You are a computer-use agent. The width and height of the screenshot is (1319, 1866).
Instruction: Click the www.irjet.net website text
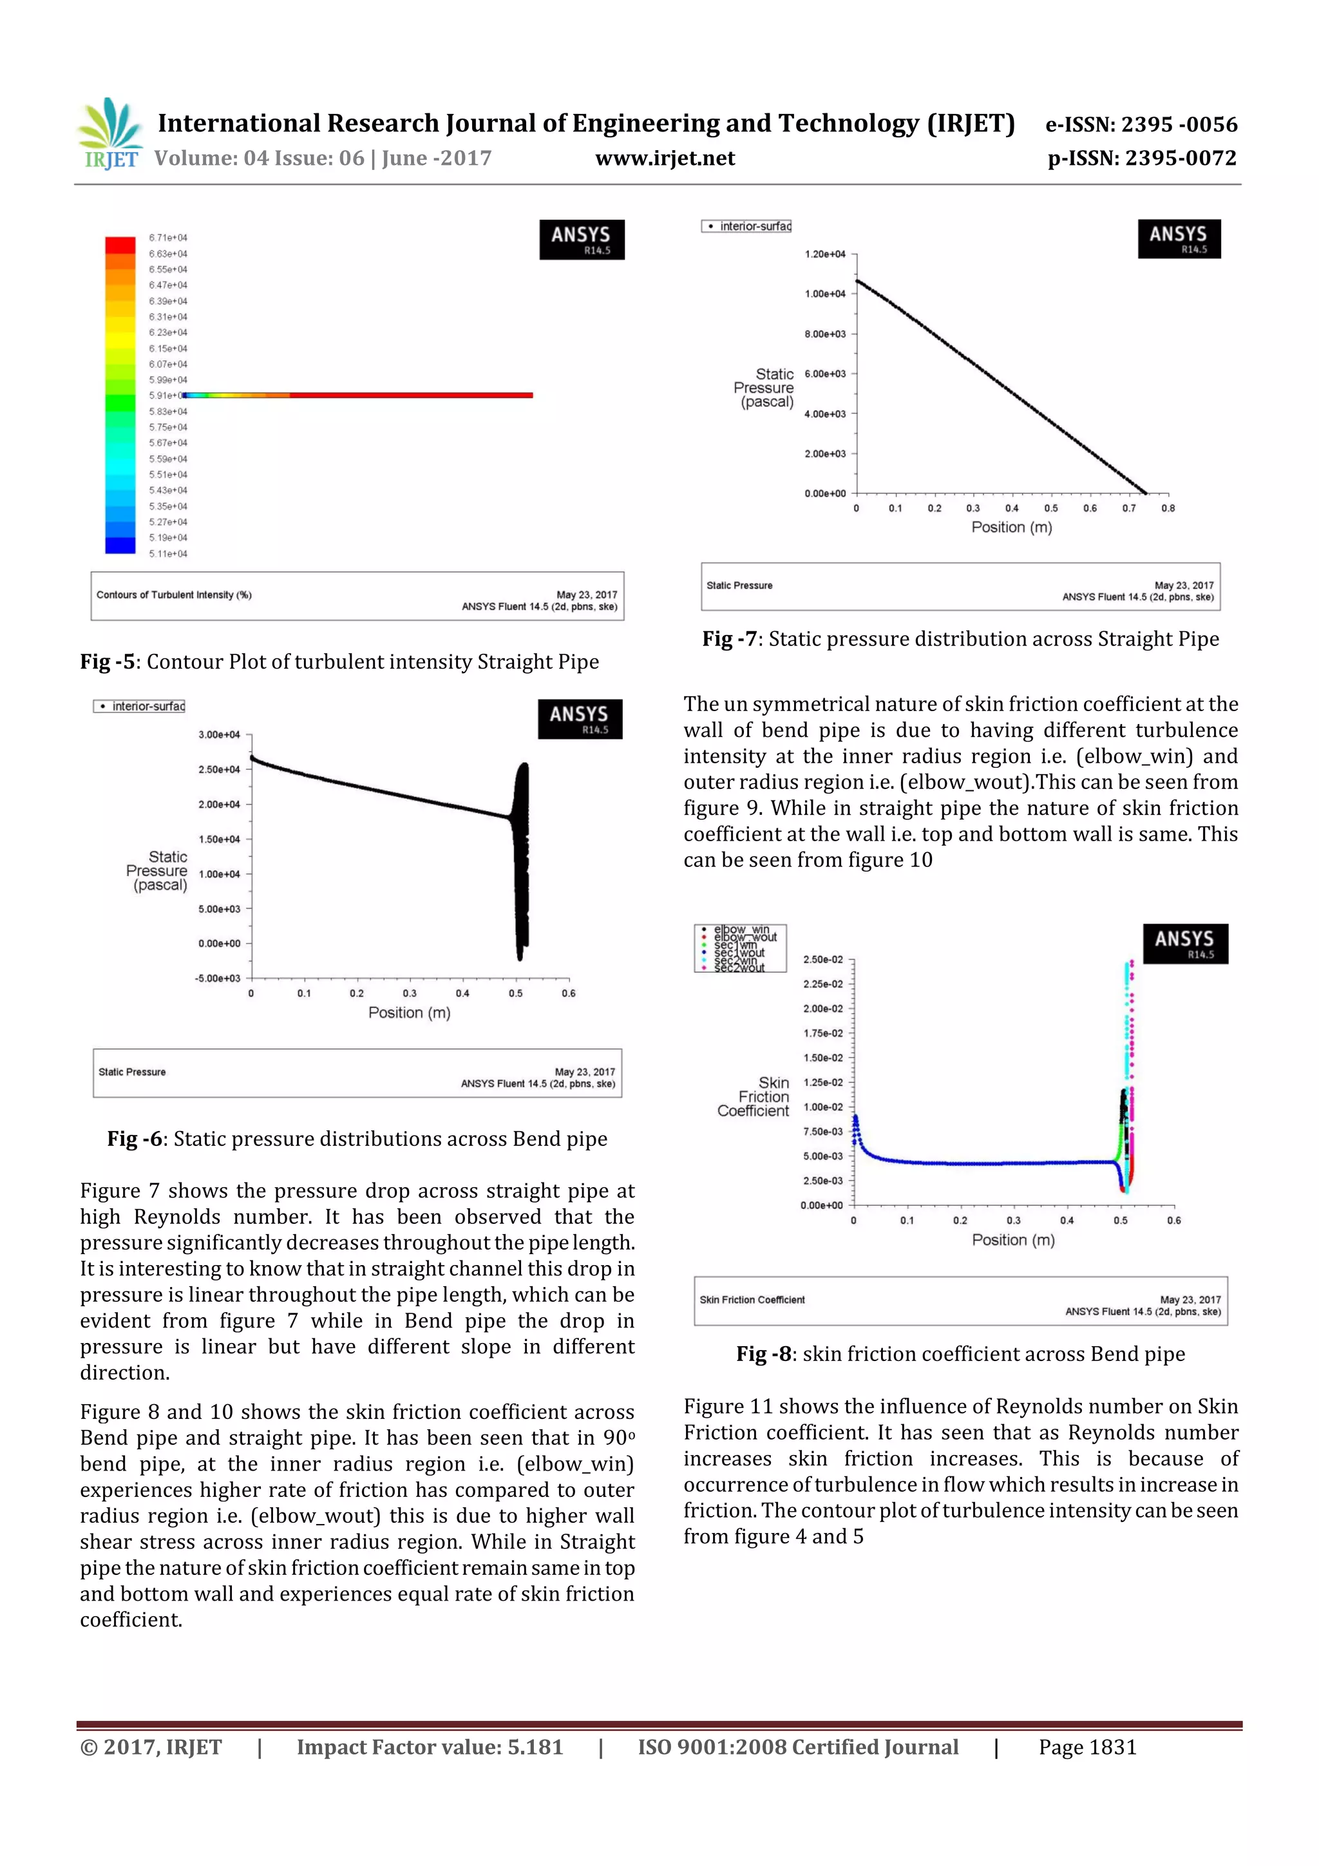point(664,158)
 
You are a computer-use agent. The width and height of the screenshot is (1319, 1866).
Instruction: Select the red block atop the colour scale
point(120,245)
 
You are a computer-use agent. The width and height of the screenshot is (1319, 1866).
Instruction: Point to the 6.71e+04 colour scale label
point(167,237)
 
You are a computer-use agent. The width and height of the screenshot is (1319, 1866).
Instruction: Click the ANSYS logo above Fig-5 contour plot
point(581,239)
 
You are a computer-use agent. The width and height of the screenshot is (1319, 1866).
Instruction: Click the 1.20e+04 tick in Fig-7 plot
point(824,254)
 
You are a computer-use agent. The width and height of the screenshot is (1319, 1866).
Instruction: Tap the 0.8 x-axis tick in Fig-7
point(1167,509)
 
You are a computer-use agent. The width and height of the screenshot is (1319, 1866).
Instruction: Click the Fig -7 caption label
point(730,639)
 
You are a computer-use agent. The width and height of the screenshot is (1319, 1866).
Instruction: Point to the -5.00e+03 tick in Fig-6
point(218,978)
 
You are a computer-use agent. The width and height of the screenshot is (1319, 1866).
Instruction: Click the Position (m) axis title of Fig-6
point(409,1013)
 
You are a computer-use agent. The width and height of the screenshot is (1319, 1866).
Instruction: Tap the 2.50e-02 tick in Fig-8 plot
point(822,960)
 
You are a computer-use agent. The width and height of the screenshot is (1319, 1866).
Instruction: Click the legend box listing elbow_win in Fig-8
point(739,947)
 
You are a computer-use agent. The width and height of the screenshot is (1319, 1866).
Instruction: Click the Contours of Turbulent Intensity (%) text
point(174,595)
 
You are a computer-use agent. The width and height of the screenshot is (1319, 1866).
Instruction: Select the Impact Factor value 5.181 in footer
point(429,1747)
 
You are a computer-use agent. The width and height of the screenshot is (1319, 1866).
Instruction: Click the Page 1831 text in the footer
point(1087,1747)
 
